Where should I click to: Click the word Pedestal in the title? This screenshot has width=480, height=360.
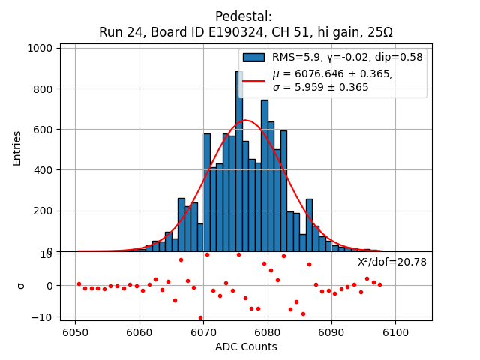244,16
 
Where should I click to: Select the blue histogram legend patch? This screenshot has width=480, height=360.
253,57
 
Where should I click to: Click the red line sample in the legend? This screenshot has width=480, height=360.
253,79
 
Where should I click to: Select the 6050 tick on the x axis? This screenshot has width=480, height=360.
75,331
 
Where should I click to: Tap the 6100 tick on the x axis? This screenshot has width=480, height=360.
395,331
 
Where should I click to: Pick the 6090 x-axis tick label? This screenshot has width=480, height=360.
331,331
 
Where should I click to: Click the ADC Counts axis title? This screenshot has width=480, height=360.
246,346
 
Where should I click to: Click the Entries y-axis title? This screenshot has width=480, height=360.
17,148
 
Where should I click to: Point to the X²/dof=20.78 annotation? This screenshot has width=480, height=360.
392,262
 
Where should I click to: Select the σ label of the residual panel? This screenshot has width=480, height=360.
21,286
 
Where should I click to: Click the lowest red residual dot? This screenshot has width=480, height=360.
200,317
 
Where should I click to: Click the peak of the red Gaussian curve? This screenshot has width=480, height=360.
245,120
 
